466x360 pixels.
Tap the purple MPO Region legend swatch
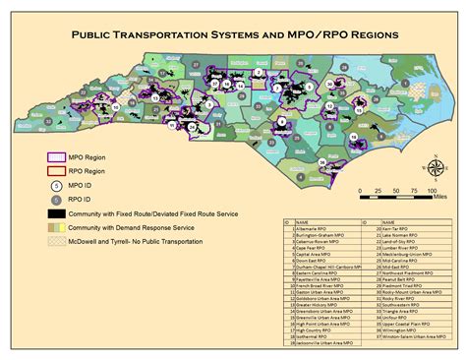(x=58, y=156)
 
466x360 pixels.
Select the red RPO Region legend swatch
(x=58, y=169)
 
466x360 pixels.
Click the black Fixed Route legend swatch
(x=58, y=213)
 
